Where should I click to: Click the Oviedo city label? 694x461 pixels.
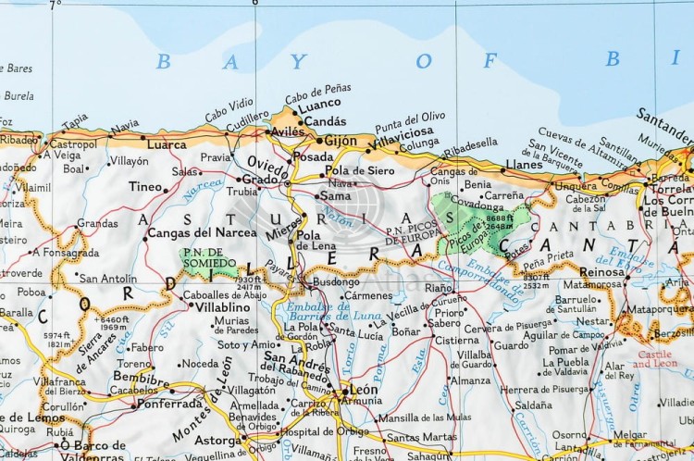point(267,161)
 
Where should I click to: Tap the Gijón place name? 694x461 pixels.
point(341,142)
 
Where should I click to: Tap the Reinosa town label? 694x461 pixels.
point(601,271)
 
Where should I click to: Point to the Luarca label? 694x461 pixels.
point(167,144)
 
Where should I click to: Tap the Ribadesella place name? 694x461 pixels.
point(470,143)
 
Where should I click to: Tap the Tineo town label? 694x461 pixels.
point(145,187)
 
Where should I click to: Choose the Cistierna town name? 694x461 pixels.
point(457,340)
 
